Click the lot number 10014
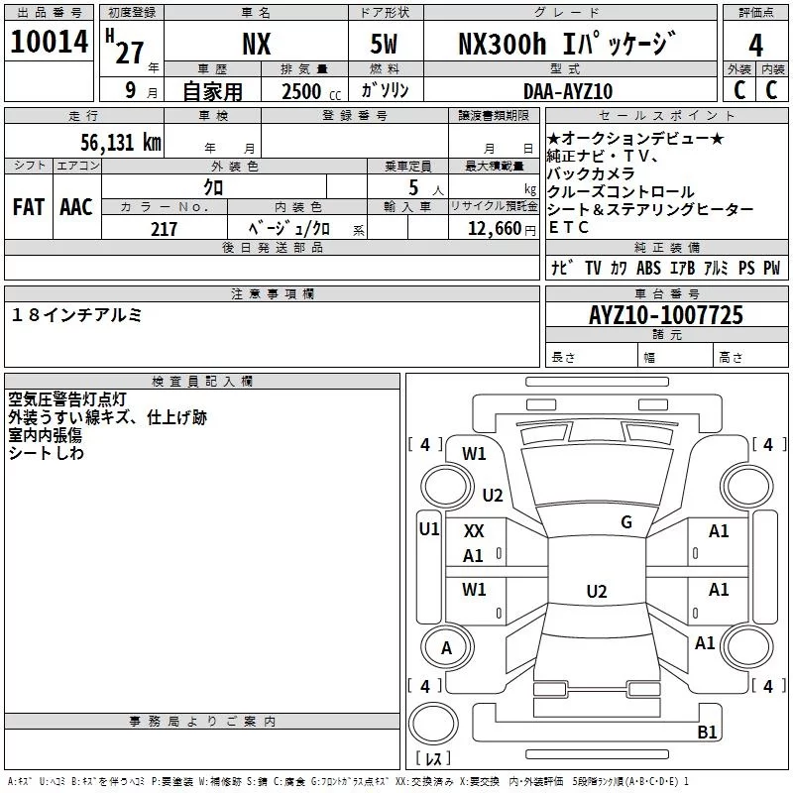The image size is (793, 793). coord(50,45)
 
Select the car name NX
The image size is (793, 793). coord(256,45)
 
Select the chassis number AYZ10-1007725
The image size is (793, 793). coord(666,316)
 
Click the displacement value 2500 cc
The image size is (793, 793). coord(303,91)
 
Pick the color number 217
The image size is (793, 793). coord(164,229)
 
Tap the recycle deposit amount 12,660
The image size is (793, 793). coord(492,229)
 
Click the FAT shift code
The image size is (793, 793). coord(29,207)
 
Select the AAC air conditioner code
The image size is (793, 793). coord(76,207)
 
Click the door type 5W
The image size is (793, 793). coord(387,45)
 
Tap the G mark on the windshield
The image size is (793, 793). coord(625,522)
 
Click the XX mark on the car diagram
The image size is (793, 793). coord(474,531)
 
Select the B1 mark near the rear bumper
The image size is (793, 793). coord(707,733)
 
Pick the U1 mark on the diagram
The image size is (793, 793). coord(428,529)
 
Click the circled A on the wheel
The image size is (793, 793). coord(446,648)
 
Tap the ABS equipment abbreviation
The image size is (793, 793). coord(648,268)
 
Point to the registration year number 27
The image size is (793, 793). coord(129,53)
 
